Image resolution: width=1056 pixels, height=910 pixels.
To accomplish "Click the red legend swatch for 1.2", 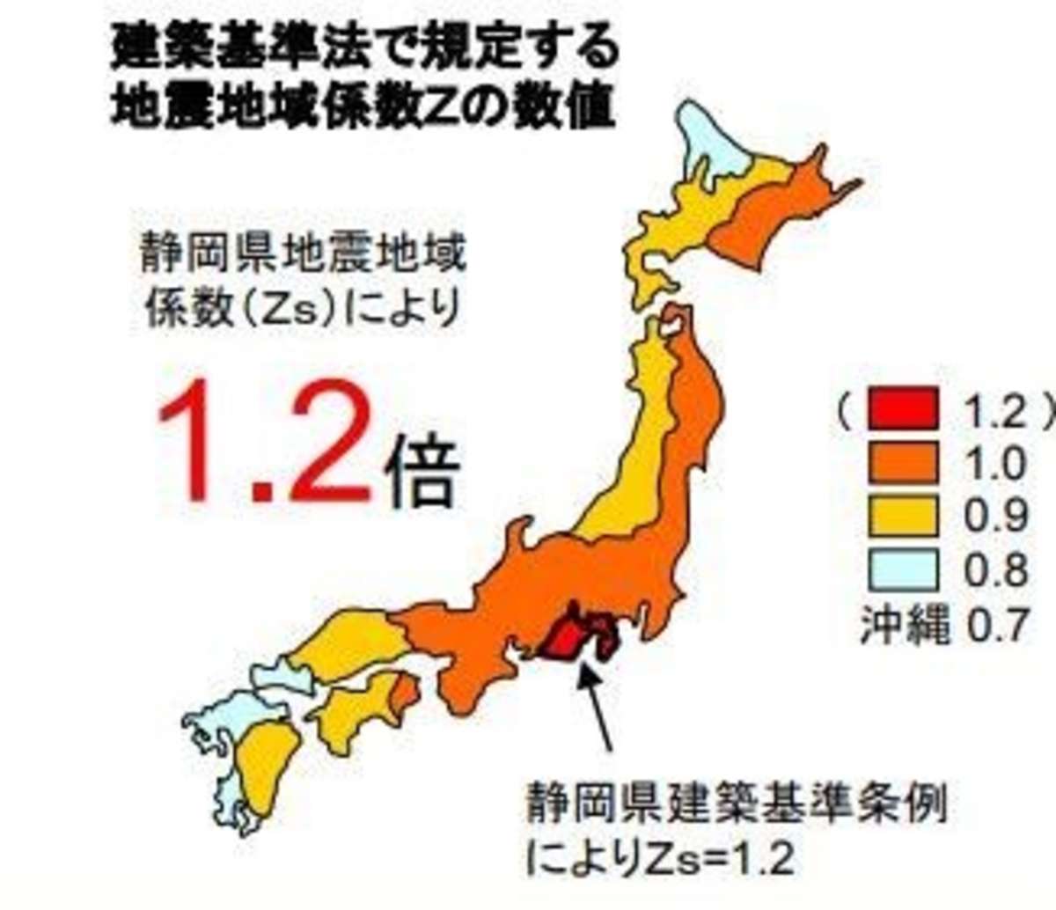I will click(x=902, y=409).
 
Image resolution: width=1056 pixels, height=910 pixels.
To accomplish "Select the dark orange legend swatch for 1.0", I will click(x=902, y=463).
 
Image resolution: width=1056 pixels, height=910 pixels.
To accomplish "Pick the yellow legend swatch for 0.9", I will click(x=902, y=517).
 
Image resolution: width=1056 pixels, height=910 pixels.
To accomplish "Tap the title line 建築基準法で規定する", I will click(x=364, y=50).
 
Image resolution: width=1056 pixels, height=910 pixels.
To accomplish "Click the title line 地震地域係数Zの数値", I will click(x=361, y=109).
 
